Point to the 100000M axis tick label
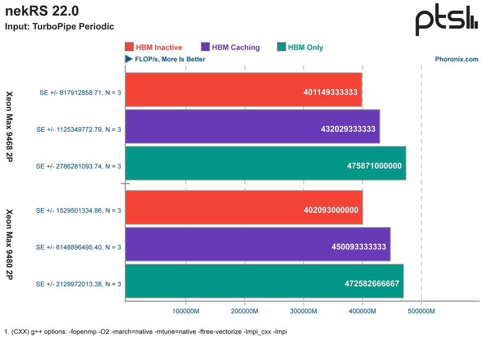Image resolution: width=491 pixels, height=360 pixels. click(x=185, y=311)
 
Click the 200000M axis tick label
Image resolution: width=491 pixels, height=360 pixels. click(x=244, y=311)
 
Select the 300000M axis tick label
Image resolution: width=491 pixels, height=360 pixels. click(x=304, y=311)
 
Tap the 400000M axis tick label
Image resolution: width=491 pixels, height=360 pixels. click(x=362, y=311)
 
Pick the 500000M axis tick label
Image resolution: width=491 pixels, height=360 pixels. click(x=421, y=311)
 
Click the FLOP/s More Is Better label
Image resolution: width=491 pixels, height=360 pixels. click(x=169, y=59)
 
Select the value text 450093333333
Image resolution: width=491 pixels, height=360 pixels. click(x=359, y=247)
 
